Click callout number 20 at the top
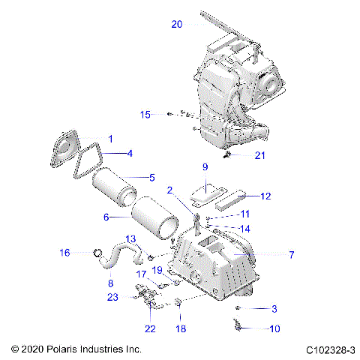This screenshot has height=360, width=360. (176, 24)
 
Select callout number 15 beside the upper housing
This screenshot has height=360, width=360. (145, 114)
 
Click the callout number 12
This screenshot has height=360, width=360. (265, 196)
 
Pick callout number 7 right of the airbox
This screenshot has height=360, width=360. (292, 255)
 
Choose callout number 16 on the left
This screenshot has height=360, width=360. (64, 253)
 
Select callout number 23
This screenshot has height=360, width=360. (113, 297)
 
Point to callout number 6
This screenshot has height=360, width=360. (106, 217)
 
